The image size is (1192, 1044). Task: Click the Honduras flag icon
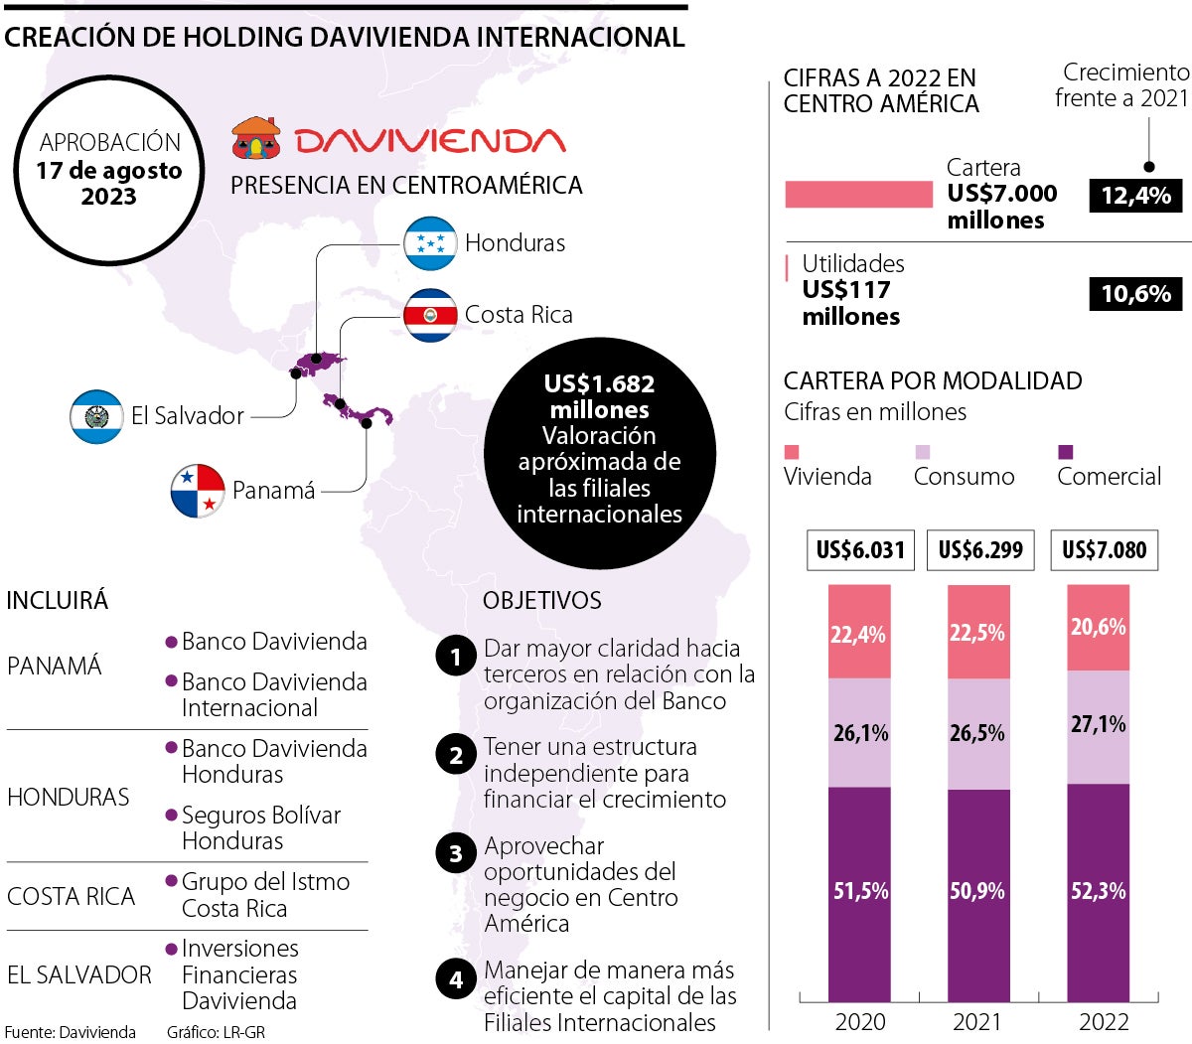[430, 242]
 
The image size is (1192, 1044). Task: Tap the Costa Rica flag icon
[430, 315]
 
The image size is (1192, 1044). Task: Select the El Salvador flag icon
[96, 416]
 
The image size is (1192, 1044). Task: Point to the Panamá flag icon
[198, 491]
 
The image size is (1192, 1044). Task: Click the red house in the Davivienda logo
[256, 139]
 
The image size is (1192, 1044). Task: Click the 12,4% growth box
[1135, 195]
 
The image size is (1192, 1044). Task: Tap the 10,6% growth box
[1135, 294]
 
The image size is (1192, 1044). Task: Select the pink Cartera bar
[858, 195]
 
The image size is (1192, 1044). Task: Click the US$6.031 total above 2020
[860, 550]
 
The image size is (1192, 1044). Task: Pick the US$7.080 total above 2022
[1104, 550]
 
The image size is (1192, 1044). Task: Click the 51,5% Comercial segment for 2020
[860, 892]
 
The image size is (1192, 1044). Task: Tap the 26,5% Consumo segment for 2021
[978, 734]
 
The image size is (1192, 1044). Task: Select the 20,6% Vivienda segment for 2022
[1099, 628]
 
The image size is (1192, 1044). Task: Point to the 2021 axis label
[978, 1022]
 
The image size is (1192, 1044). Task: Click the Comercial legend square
[1066, 452]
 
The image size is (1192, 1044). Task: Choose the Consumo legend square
[922, 452]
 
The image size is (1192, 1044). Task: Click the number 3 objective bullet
[456, 854]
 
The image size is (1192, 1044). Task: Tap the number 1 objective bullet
[456, 657]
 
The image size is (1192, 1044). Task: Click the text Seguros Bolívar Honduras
[260, 828]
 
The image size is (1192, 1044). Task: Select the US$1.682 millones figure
[599, 397]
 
